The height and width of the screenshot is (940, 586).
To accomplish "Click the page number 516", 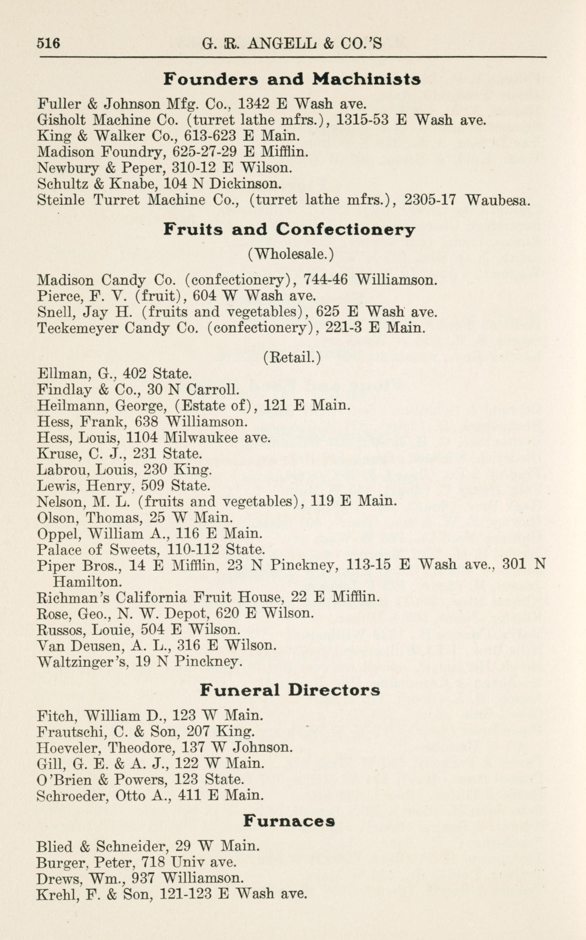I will pos(48,43).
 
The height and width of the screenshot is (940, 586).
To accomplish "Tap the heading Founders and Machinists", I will pos(292,79).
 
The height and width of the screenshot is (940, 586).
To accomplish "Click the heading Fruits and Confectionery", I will pos(289,230).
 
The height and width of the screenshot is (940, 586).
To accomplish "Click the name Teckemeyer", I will pos(77,328).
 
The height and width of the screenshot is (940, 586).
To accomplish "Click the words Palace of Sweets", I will pos(98,549).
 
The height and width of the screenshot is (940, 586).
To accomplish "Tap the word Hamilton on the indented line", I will pos(87,582).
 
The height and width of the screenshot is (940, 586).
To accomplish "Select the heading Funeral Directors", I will pos(290,690).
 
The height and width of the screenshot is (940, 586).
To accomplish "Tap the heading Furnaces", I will pos(289,821).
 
